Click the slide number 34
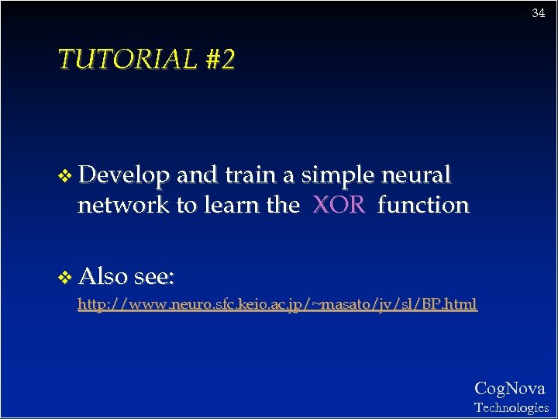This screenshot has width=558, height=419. [538, 13]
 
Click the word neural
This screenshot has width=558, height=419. [416, 176]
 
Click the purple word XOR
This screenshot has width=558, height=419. [339, 205]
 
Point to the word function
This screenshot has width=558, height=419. [423, 205]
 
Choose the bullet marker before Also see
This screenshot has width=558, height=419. [65, 276]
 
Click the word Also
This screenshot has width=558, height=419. [102, 275]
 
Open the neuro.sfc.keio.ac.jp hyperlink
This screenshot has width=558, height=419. [277, 304]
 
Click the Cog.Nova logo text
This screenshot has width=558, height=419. [509, 388]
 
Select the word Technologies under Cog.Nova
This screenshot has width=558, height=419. [511, 407]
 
